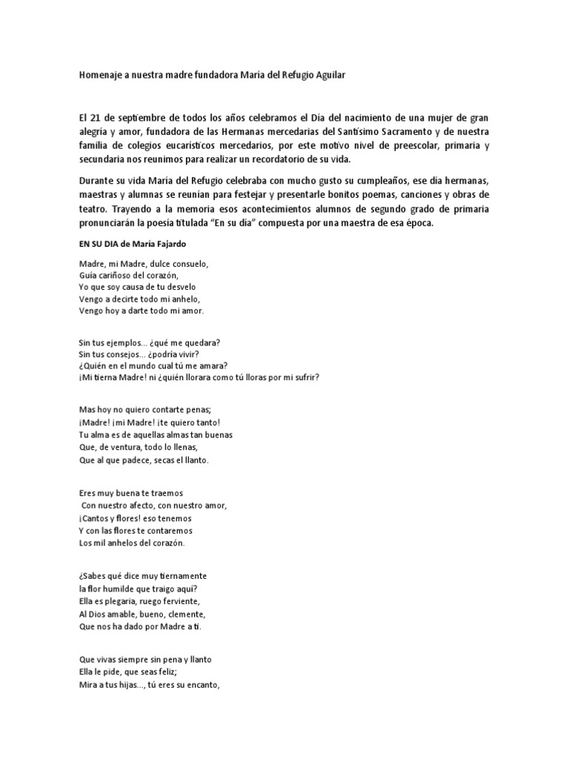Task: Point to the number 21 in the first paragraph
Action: coord(95,119)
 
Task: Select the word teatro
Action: coord(94,210)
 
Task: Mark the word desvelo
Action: coord(179,287)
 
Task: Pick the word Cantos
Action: coord(98,518)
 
